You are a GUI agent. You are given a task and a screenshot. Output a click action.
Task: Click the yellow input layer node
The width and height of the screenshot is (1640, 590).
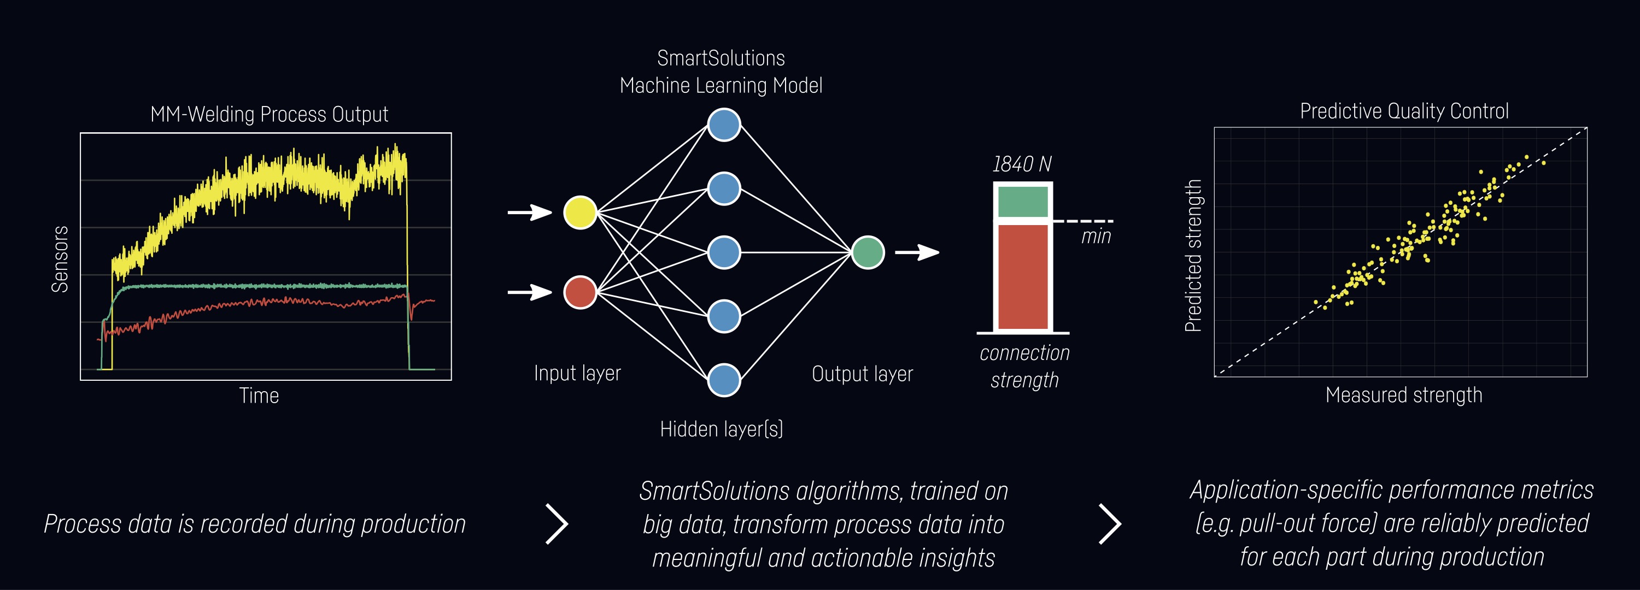(580, 212)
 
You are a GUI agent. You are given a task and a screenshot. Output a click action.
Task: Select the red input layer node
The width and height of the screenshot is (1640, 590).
(580, 292)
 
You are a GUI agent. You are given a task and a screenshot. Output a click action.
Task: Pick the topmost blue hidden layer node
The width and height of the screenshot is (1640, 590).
(724, 124)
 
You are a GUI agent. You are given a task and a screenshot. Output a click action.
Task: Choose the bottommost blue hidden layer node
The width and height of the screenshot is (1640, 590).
(724, 380)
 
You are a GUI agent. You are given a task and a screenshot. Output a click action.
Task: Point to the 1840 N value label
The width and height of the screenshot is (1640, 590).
(1022, 164)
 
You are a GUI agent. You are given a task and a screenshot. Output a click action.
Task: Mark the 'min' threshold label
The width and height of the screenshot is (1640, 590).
(1096, 237)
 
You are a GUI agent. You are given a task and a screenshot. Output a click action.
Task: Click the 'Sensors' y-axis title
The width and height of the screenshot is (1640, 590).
(60, 259)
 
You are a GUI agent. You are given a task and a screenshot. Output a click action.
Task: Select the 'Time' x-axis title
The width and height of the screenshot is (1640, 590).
(259, 396)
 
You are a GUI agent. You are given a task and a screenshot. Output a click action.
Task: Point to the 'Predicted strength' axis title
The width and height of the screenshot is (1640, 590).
(1192, 255)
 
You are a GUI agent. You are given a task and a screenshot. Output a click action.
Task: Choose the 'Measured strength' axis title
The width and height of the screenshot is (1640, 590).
(1404, 395)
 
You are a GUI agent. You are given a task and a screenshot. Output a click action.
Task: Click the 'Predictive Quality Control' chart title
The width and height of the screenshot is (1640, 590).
(1404, 111)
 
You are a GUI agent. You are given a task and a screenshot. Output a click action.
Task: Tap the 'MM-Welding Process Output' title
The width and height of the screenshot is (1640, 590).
(270, 115)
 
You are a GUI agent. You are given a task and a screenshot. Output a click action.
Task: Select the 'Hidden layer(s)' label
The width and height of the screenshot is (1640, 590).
(721, 429)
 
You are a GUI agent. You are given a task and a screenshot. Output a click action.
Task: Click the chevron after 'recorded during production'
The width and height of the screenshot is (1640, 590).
(557, 524)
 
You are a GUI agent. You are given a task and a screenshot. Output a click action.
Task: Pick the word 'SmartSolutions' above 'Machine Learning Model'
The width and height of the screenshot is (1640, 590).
(721, 58)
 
